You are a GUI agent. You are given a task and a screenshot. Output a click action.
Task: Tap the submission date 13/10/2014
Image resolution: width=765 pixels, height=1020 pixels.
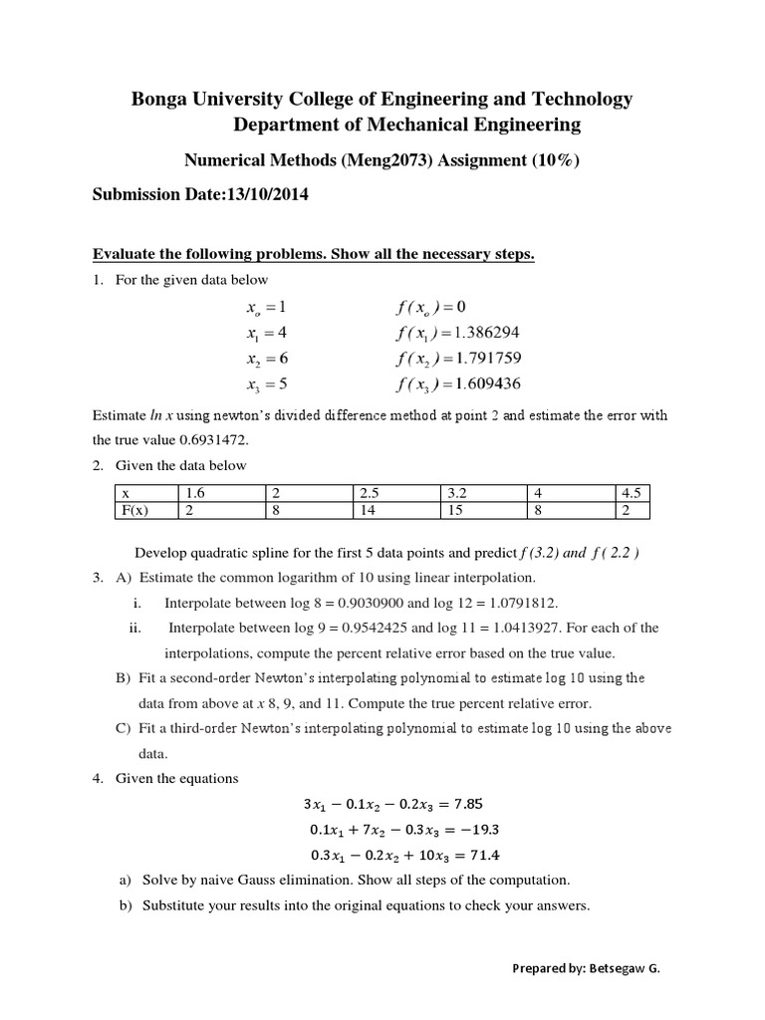(x=268, y=195)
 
